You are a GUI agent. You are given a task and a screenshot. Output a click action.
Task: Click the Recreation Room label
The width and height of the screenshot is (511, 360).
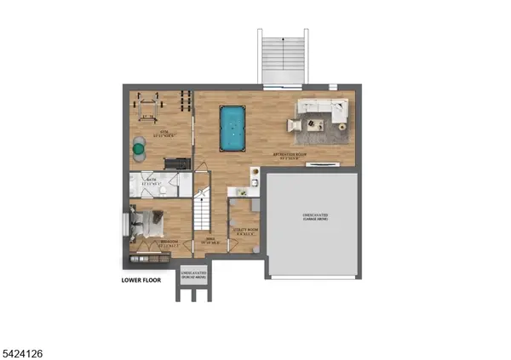tap(290, 155)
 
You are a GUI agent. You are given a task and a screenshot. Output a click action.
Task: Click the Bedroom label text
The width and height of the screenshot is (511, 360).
tap(169, 242)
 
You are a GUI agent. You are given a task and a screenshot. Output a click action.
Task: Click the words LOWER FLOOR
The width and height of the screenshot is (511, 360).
tap(141, 278)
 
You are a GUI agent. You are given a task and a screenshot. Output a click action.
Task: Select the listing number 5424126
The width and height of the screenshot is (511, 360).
tap(24, 348)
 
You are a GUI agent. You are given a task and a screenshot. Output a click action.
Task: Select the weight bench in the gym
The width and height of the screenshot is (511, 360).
tap(148, 107)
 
